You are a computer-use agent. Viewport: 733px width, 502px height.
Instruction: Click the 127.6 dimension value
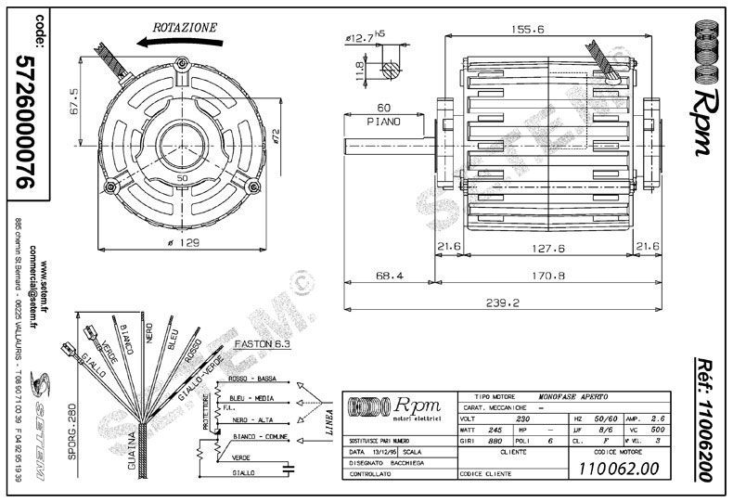click(548, 247)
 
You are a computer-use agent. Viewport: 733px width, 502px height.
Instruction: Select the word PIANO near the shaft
click(383, 122)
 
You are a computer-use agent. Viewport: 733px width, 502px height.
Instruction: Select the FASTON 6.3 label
click(264, 343)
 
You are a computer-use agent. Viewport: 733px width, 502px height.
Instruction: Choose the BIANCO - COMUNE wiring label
click(256, 435)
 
